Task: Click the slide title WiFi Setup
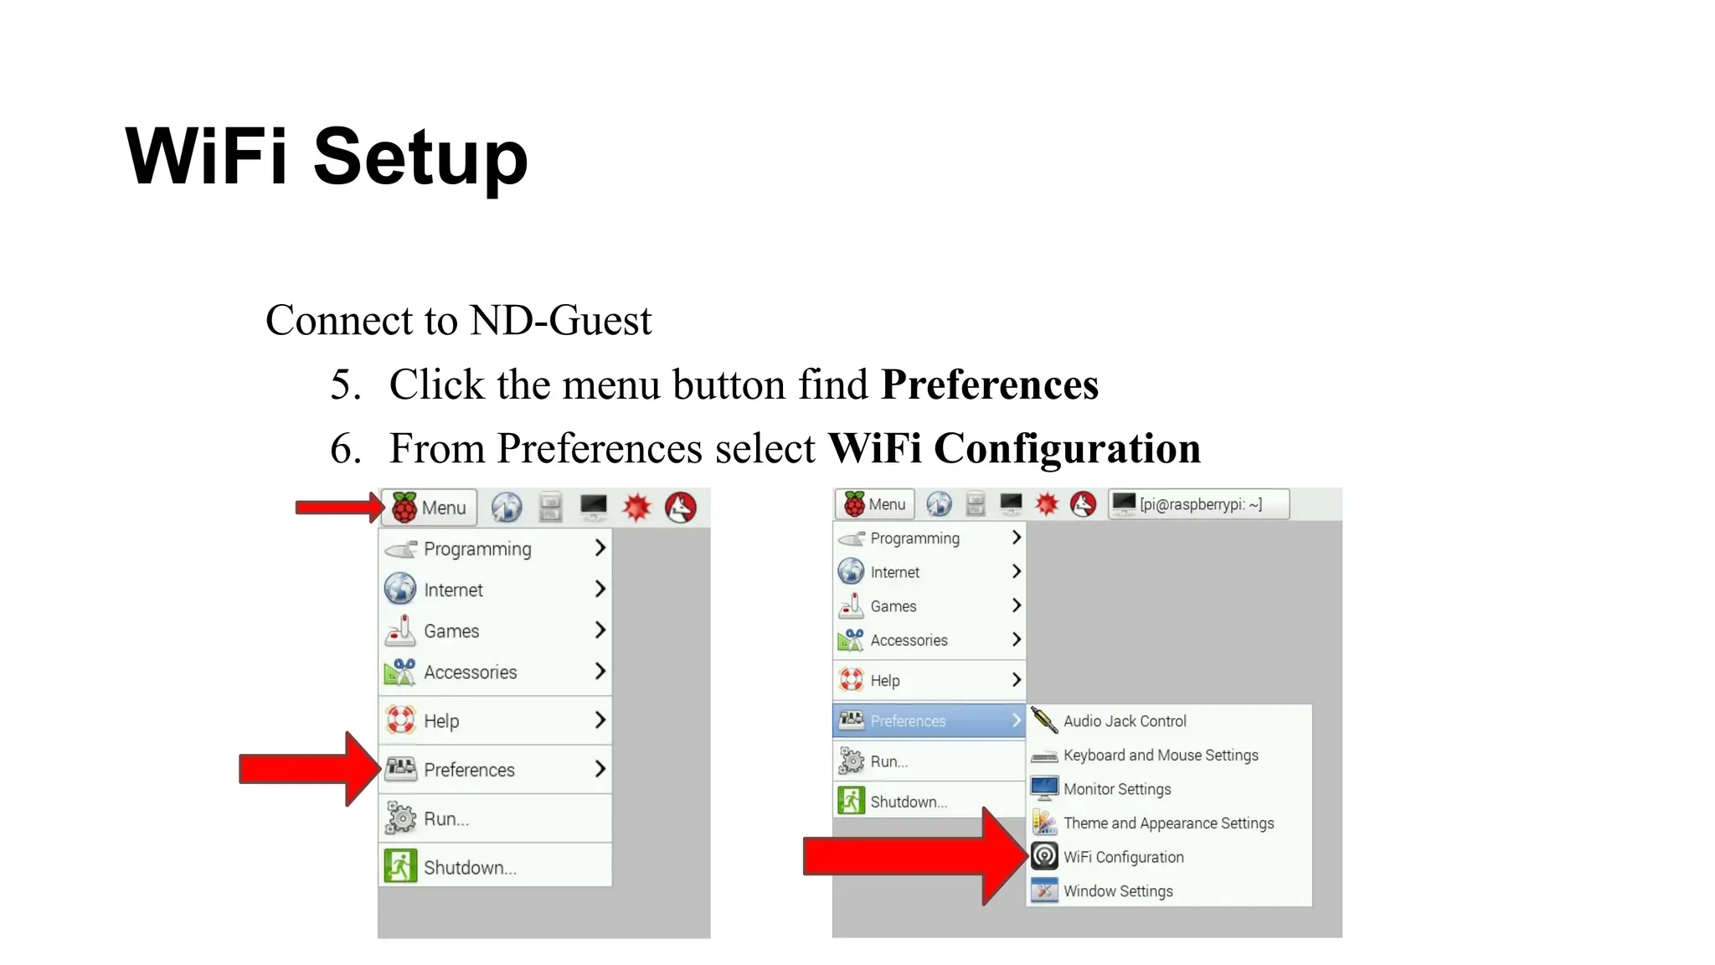(327, 157)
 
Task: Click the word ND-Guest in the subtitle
(560, 321)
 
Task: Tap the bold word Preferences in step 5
(989, 385)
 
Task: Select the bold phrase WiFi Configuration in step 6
(1014, 449)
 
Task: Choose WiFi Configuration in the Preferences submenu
(1123, 857)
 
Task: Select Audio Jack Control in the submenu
(1124, 721)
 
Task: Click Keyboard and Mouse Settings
(1160, 756)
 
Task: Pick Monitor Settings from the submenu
(1116, 789)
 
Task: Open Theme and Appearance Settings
(1168, 823)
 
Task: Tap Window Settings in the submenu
(1117, 891)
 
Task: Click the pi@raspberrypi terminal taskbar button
(1198, 504)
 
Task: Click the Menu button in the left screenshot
(430, 508)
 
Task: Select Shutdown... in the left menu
(469, 868)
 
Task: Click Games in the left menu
(451, 631)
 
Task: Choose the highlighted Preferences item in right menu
(908, 721)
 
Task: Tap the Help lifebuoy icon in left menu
(400, 720)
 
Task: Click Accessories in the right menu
(909, 641)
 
